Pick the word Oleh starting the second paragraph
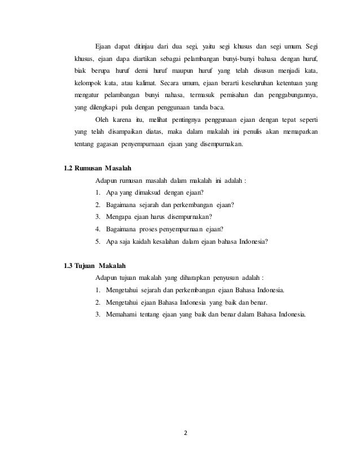pos(103,120)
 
